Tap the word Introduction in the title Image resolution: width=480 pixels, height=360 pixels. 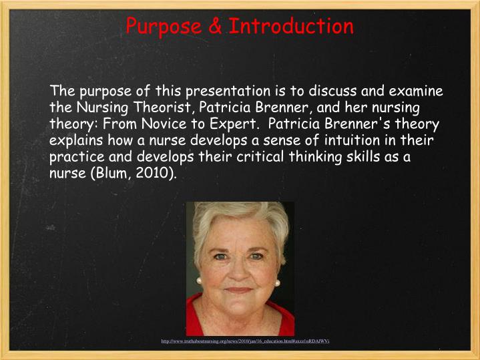pos(291,27)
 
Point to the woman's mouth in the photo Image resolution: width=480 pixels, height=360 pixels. pos(238,289)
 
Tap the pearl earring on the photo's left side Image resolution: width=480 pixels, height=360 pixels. pos(199,281)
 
